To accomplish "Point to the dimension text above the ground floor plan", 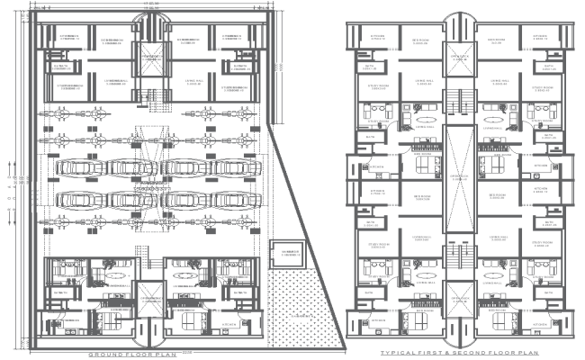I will tap(152, 5).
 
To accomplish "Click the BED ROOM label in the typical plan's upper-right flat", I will tap(496, 40).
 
